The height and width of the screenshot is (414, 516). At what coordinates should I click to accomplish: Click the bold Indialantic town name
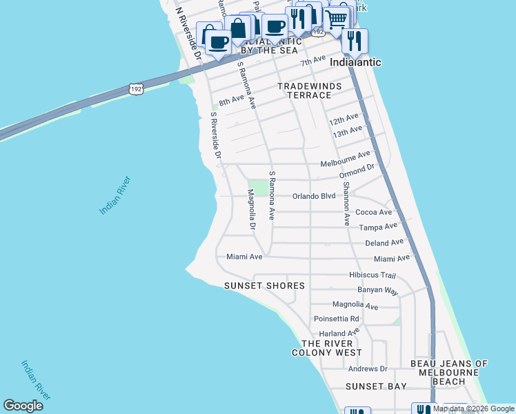pyautogui.click(x=355, y=62)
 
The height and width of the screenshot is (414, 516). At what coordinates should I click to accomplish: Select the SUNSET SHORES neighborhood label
pyautogui.click(x=264, y=286)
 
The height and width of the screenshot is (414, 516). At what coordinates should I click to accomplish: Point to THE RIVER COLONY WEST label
pyautogui.click(x=327, y=348)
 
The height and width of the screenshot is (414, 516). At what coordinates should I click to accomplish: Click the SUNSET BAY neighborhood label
pyautogui.click(x=376, y=386)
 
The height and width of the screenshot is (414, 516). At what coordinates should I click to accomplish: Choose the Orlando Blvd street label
pyautogui.click(x=314, y=196)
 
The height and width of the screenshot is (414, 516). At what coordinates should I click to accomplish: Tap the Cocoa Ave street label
pyautogui.click(x=375, y=213)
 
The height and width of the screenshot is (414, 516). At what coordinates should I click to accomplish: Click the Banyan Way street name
pyautogui.click(x=378, y=290)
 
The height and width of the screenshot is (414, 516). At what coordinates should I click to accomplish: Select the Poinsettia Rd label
pyautogui.click(x=337, y=319)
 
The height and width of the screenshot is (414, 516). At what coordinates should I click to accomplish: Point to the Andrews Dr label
pyautogui.click(x=368, y=369)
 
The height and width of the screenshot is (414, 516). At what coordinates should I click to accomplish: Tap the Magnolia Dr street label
pyautogui.click(x=252, y=211)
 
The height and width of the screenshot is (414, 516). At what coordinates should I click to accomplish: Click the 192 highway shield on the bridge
pyautogui.click(x=136, y=89)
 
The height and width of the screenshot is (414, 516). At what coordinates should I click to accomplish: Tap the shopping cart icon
pyautogui.click(x=336, y=21)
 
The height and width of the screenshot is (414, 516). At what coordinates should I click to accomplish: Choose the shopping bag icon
pyautogui.click(x=237, y=29)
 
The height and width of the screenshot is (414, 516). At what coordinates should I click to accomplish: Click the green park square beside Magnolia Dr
pyautogui.click(x=257, y=187)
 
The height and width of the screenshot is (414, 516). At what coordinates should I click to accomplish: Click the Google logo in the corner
pyautogui.click(x=23, y=406)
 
